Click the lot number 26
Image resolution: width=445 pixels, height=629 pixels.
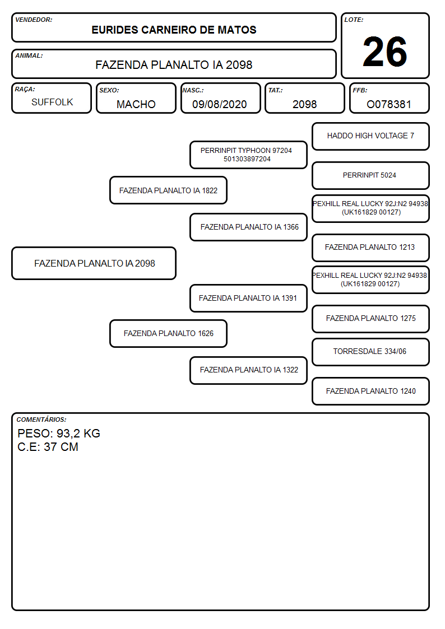[x=384, y=52]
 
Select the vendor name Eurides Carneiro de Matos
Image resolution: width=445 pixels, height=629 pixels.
[x=174, y=30]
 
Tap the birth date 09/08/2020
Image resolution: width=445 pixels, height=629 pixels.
[x=220, y=104]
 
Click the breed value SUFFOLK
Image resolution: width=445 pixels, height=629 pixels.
[x=52, y=102]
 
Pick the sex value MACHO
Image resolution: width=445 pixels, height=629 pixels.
[x=136, y=104]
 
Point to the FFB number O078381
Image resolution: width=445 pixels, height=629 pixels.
[x=389, y=104]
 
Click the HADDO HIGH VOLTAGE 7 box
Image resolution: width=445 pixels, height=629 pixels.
[x=371, y=137]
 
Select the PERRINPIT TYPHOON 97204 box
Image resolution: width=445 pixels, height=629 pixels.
[x=248, y=155]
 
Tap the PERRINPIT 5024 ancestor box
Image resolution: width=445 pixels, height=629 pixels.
[x=371, y=175]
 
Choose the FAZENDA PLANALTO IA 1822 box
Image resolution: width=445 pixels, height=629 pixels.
[x=169, y=190]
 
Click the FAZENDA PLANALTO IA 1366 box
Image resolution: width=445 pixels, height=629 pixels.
[x=248, y=227]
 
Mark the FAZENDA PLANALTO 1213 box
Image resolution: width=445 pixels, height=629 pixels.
[x=371, y=248]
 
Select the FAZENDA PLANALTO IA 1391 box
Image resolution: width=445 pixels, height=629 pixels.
[x=248, y=298]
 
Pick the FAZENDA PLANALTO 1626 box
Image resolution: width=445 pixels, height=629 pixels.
[x=169, y=333]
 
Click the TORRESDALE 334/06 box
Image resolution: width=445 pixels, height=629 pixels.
[x=371, y=352]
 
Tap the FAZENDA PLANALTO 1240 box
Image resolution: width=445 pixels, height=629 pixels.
[x=371, y=391]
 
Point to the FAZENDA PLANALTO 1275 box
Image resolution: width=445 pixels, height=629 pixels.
[x=371, y=319]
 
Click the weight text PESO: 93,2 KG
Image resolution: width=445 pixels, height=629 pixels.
[x=59, y=434]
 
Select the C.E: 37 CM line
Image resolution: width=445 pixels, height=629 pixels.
[x=48, y=447]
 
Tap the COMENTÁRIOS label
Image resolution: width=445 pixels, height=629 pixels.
[x=41, y=420]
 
